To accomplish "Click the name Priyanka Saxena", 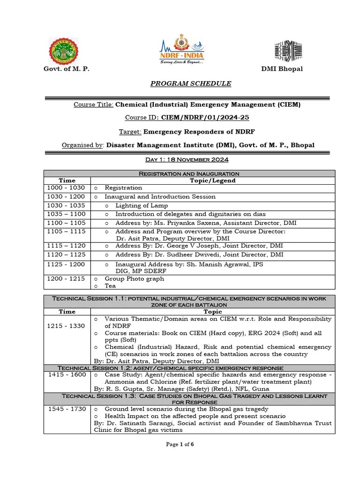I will (x=188, y=223).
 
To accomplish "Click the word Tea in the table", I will (x=110, y=285).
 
